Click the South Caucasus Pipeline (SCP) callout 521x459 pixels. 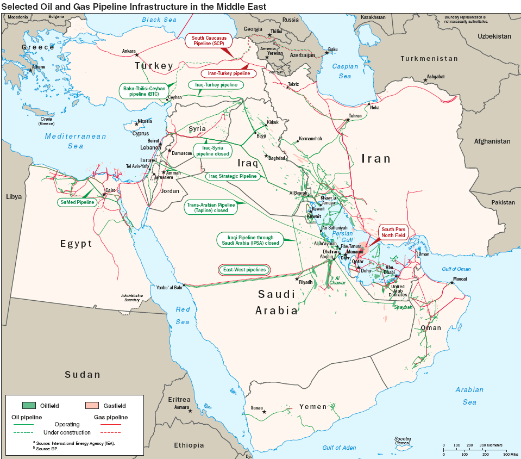pos(209,41)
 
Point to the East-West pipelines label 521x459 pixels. pos(244,270)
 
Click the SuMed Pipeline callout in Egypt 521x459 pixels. pos(77,202)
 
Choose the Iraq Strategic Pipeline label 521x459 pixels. pos(233,176)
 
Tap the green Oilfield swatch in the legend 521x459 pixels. pos(29,405)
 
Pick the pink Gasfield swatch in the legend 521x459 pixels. pos(92,405)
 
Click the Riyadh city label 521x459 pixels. pos(306,282)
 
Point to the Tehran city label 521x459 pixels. pos(355,116)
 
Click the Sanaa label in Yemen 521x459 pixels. pos(256,407)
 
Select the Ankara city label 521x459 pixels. pos(129,51)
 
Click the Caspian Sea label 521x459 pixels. pos(345,71)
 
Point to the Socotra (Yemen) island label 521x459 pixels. pos(403,441)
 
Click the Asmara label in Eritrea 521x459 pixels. pos(181,407)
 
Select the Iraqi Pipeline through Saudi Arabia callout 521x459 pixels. pos(249,240)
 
